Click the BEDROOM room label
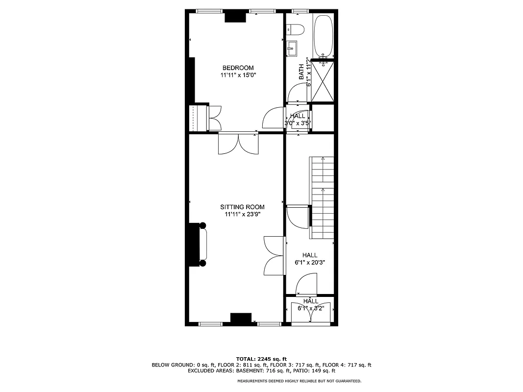pyautogui.click(x=238, y=68)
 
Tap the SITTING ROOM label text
pyautogui.click(x=242, y=207)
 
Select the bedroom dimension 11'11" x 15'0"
pyautogui.click(x=238, y=75)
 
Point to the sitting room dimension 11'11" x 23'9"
pyautogui.click(x=242, y=215)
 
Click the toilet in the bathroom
pyautogui.click(x=295, y=31)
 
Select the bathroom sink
pyautogui.click(x=292, y=48)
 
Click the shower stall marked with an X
pyautogui.click(x=324, y=81)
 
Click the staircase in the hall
pyautogui.click(x=323, y=196)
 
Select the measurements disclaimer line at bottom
pyautogui.click(x=299, y=381)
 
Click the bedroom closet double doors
pyautogui.click(x=215, y=118)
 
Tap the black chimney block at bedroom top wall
pyautogui.click(x=235, y=17)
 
